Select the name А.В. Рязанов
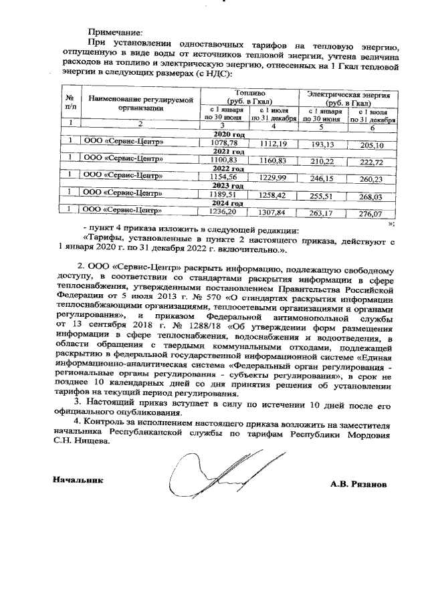coord(358,483)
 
